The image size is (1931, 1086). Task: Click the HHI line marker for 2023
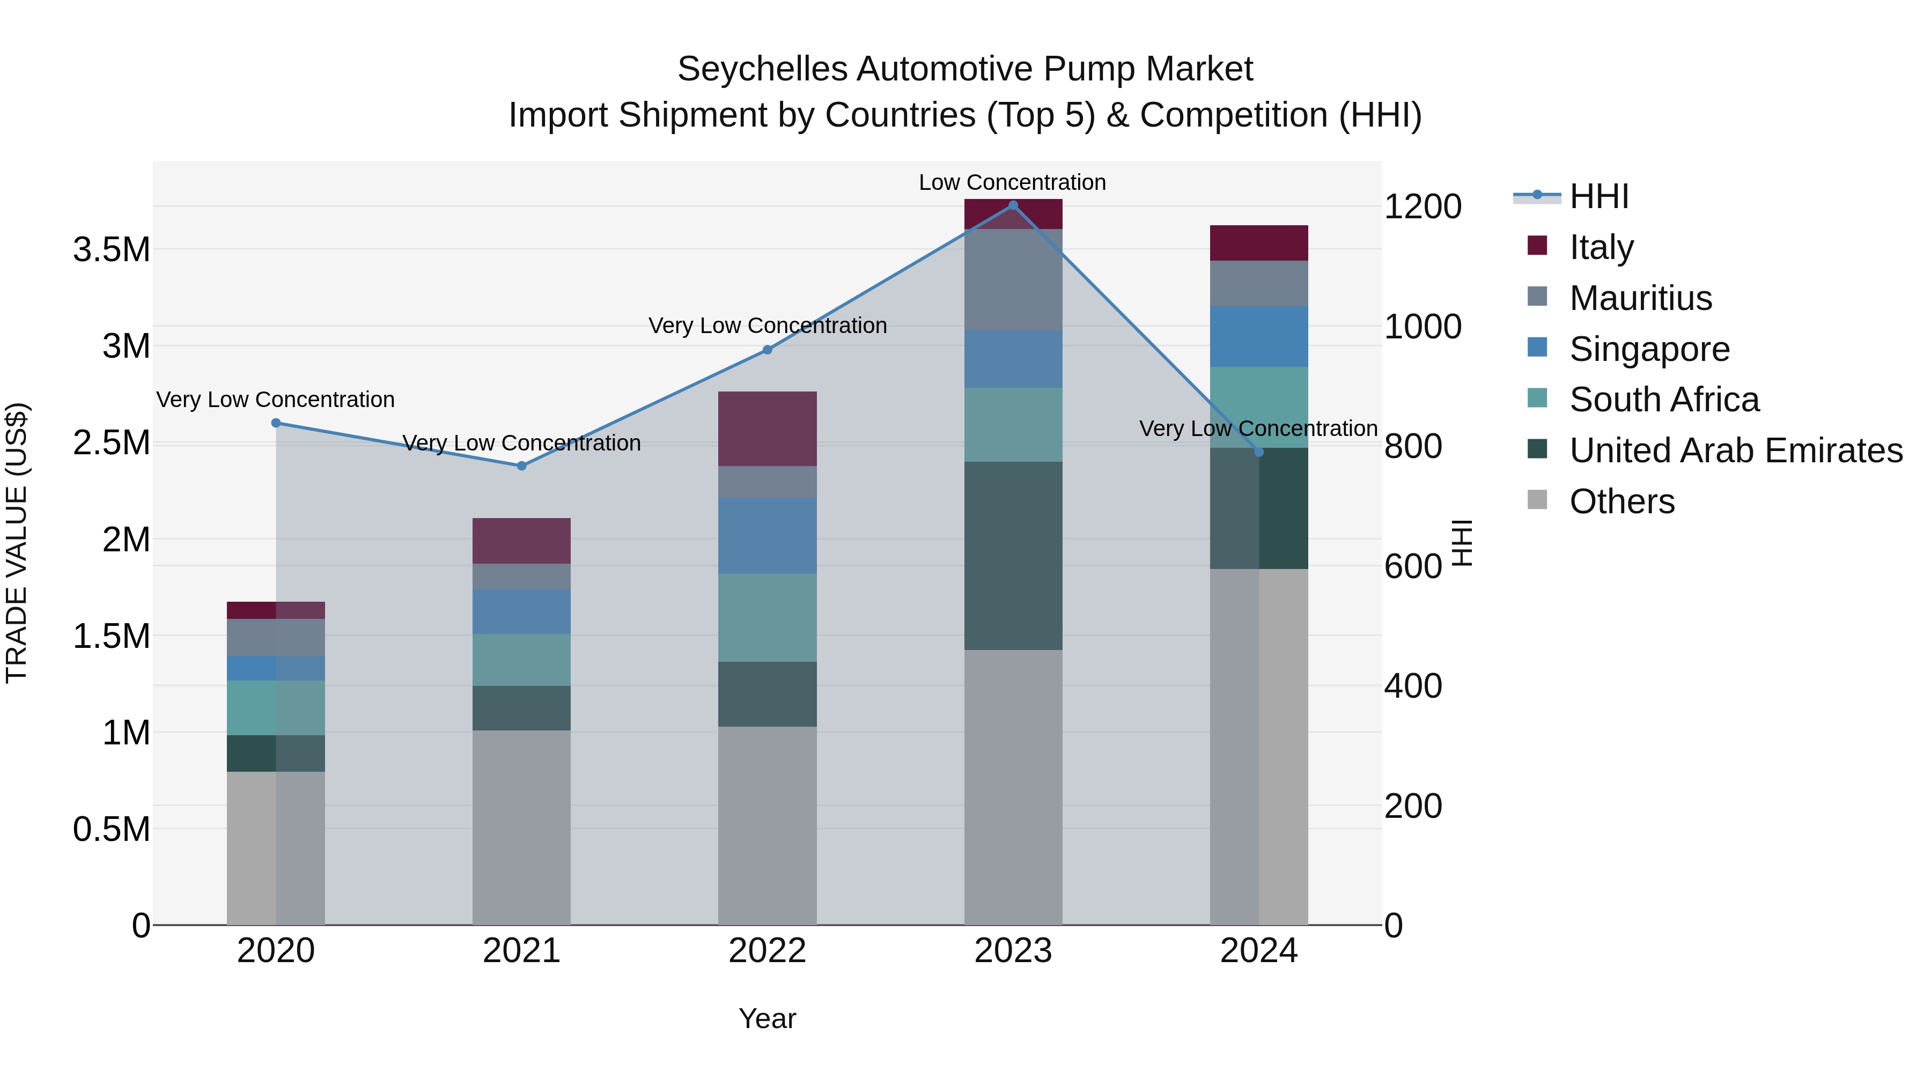coord(1013,205)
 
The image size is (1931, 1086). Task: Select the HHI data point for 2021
coord(522,466)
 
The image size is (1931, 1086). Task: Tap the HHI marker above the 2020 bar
coord(276,423)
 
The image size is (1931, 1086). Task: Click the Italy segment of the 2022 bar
coord(767,429)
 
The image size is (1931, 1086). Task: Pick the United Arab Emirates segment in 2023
coord(1013,556)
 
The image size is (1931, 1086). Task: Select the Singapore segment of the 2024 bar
coord(1258,336)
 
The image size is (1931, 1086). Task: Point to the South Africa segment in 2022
coord(767,618)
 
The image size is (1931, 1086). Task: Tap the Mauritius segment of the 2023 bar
coord(1013,279)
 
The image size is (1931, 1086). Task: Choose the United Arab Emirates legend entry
coord(1735,450)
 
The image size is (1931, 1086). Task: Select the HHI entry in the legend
coord(1598,196)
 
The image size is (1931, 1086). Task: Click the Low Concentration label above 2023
coord(1012,182)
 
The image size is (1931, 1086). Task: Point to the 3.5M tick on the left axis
coord(112,249)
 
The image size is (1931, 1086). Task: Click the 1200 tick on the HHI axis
coord(1422,207)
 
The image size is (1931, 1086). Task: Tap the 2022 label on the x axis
coord(767,951)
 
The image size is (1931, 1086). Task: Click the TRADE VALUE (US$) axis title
coord(17,543)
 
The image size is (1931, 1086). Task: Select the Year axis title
coord(767,1018)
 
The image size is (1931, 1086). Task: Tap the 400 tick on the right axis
coord(1412,686)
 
